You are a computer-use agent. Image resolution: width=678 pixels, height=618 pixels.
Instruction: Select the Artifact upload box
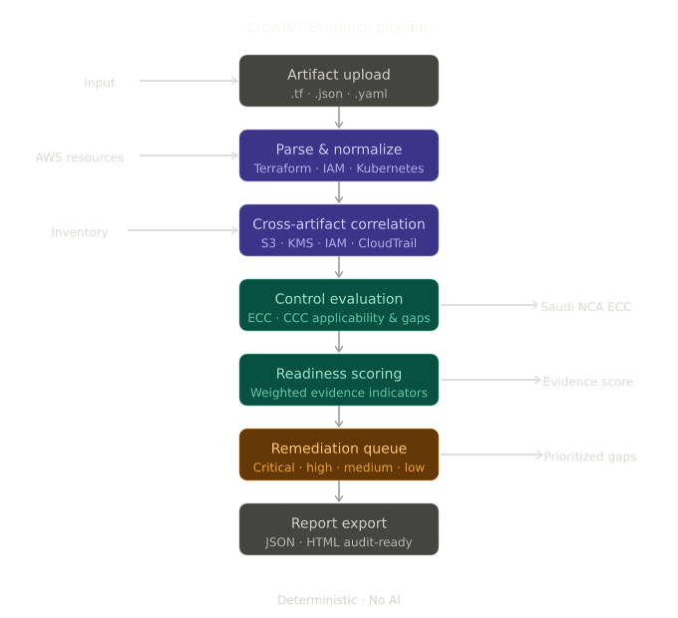[339, 81]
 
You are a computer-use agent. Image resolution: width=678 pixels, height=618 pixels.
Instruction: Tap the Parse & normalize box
[339, 155]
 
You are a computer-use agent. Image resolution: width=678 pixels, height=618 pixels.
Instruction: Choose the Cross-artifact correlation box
[339, 230]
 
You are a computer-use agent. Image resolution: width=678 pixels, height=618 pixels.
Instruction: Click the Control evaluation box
[339, 305]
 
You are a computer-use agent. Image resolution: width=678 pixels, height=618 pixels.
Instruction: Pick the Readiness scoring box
[339, 380]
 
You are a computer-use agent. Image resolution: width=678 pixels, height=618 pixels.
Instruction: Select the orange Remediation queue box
[339, 455]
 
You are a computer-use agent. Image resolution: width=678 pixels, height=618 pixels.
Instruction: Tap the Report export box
[339, 529]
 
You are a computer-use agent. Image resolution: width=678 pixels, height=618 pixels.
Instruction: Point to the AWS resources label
[80, 157]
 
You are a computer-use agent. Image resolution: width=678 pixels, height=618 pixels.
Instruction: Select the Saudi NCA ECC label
[586, 307]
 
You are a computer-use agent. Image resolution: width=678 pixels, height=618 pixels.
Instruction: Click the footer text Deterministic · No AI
[339, 600]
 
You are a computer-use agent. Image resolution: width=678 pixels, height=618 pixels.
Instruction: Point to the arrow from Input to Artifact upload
[188, 81]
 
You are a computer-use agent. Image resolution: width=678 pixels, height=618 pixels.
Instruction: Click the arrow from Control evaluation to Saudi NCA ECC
[489, 306]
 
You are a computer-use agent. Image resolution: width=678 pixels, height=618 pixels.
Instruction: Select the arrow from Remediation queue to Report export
[339, 491]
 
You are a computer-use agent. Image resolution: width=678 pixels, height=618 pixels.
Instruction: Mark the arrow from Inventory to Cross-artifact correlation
[183, 230]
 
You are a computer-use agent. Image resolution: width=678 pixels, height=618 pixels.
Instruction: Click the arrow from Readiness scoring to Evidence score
[490, 380]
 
